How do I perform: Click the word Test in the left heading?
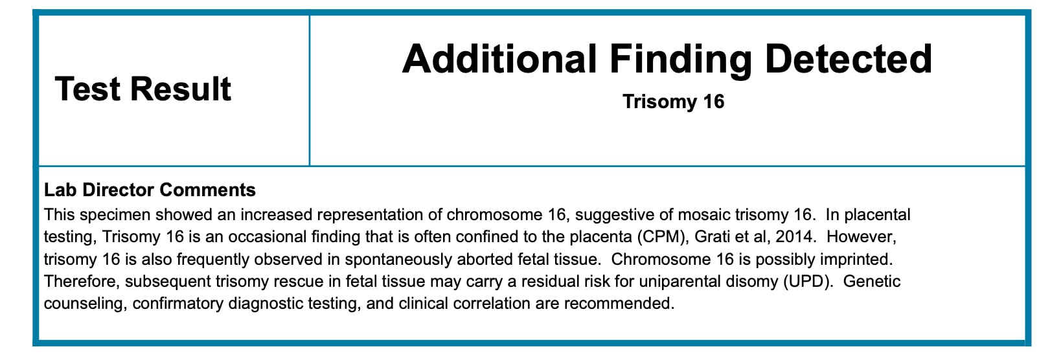coord(88,89)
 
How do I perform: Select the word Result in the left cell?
coord(181,89)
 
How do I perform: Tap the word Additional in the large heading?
coord(499,59)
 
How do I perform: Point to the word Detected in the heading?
coord(849,59)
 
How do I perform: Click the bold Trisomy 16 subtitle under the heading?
coord(673,102)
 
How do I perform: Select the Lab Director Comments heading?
coord(150,190)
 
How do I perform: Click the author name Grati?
coord(712,237)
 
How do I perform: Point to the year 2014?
coord(795,237)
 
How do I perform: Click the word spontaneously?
coord(398,260)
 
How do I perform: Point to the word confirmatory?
coord(177,303)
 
